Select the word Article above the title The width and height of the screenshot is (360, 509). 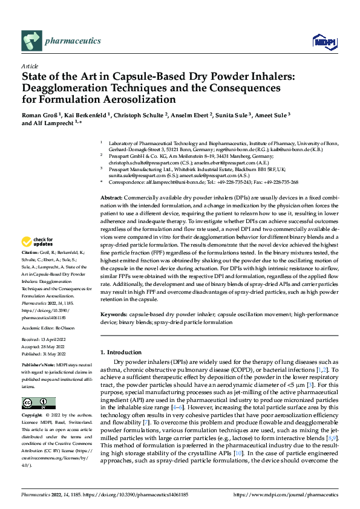pos(30,66)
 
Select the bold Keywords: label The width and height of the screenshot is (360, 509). pos(113,315)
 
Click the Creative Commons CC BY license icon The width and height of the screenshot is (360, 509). pos(38,403)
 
